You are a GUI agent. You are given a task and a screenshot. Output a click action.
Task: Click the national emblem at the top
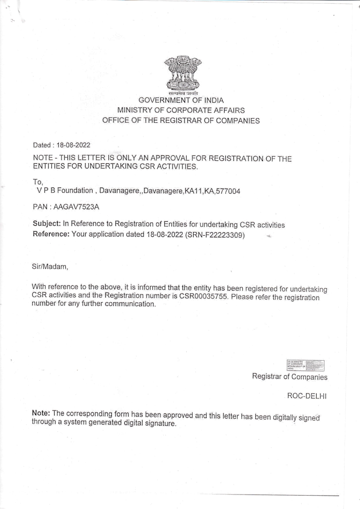pos(183,74)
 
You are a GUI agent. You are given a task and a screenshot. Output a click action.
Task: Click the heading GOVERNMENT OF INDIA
pos(181,100)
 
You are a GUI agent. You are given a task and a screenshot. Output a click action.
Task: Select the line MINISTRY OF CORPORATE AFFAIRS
pos(181,110)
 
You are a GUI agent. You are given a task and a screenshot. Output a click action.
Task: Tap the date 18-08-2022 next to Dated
pos(73,145)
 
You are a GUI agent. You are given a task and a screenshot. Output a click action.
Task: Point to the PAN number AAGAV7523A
pos(77,207)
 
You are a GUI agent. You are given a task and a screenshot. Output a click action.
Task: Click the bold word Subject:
pos(47,223)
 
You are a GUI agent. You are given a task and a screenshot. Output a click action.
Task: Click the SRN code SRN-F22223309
pos(215,235)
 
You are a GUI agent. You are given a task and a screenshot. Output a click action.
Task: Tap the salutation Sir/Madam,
pos(50,267)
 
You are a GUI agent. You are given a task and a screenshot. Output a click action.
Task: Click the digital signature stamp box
pos(305,365)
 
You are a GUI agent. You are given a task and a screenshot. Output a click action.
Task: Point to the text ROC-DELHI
pos(307,396)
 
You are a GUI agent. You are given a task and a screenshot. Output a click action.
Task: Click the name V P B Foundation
pos(65,190)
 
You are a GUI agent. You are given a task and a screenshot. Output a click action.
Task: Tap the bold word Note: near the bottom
pos(41,413)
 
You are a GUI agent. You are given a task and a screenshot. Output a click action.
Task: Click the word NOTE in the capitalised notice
pos(43,158)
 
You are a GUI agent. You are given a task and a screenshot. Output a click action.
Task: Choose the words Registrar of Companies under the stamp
pos(290,377)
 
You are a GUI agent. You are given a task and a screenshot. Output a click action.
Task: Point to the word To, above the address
pos(38,182)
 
